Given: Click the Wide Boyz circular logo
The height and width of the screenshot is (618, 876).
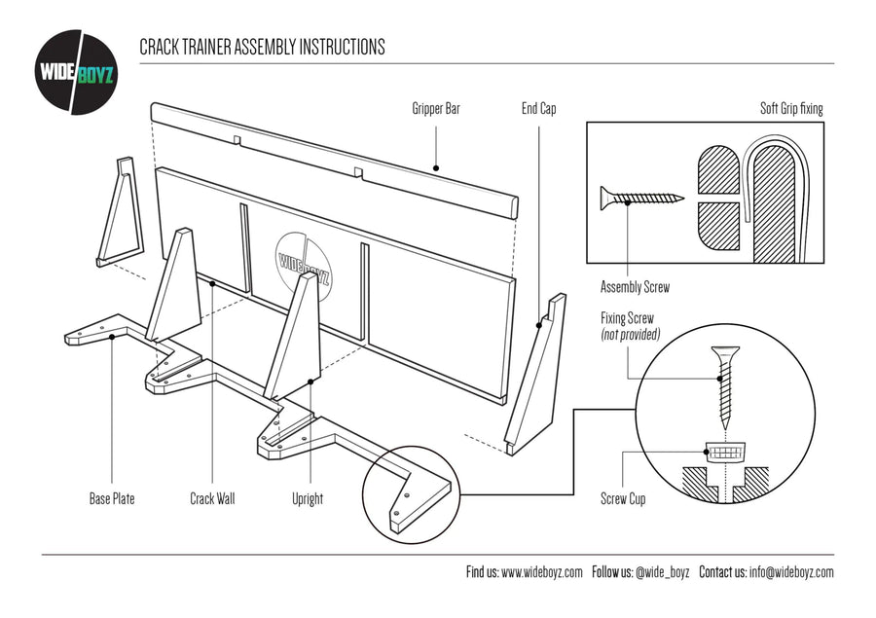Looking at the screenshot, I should click(77, 72).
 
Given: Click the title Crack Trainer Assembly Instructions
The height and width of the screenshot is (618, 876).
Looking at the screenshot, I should click(262, 47).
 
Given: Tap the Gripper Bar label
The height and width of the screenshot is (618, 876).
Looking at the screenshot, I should click(436, 109).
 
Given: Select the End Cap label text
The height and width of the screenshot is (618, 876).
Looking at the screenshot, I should click(538, 109).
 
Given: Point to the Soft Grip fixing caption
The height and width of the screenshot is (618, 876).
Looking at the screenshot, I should click(791, 109).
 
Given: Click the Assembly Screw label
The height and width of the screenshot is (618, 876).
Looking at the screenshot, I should click(635, 287).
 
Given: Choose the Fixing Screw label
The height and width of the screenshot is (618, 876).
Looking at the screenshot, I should click(628, 318).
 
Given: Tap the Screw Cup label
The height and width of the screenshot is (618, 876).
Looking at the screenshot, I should click(623, 499).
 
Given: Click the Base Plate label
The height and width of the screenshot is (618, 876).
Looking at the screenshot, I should click(112, 499).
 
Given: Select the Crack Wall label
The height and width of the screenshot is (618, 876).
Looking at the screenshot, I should click(212, 499).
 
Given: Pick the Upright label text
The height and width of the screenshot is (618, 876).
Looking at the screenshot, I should click(308, 499).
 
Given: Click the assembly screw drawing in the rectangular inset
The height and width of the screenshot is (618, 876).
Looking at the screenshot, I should click(641, 198).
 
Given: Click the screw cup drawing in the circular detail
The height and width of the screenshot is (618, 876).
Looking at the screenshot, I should click(725, 453).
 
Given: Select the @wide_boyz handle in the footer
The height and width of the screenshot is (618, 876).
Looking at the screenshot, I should click(662, 572).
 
